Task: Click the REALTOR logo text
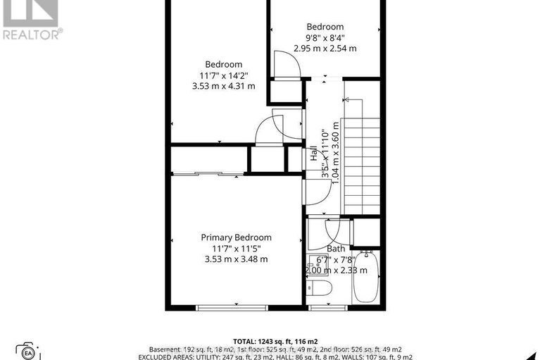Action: (32, 33)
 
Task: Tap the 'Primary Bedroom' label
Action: (236, 237)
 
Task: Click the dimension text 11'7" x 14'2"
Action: (223, 75)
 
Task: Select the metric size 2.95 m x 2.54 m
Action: (325, 49)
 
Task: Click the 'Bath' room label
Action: (336, 249)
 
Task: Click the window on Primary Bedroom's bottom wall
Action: (223, 307)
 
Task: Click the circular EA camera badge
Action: (29, 352)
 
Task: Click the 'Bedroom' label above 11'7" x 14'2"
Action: (223, 64)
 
